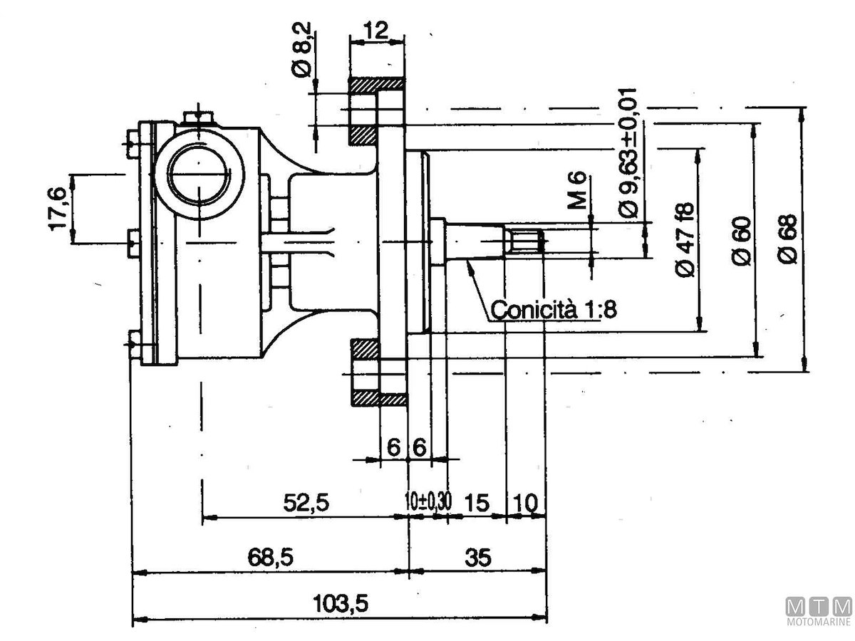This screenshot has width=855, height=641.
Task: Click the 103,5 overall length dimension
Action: coord(341,605)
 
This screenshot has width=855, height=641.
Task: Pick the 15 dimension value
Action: coord(476,503)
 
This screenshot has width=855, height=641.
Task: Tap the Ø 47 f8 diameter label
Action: coord(685,240)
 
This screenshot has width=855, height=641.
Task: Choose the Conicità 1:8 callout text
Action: coord(554,310)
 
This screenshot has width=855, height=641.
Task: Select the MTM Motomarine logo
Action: coord(818,611)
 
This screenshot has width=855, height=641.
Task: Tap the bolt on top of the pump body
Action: coord(197,118)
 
